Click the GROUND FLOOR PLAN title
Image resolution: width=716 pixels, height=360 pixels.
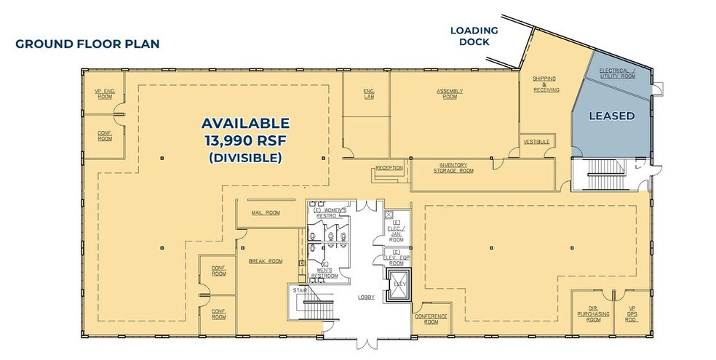(87, 44)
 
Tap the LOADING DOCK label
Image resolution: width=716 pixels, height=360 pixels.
(474, 36)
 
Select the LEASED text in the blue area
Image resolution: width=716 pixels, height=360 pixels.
(611, 116)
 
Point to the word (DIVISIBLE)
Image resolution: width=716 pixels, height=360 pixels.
(245, 157)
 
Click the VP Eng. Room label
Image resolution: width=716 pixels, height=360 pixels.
(105, 93)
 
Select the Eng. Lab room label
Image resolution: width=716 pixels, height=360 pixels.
(369, 93)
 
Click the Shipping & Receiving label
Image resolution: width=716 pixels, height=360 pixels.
(546, 84)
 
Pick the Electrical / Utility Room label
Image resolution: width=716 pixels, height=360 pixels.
(617, 73)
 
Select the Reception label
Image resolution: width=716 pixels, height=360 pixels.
(389, 169)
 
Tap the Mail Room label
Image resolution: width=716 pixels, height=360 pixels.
(266, 213)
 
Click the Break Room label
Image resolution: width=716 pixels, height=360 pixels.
(266, 260)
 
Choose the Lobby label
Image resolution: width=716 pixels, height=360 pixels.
(366, 297)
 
